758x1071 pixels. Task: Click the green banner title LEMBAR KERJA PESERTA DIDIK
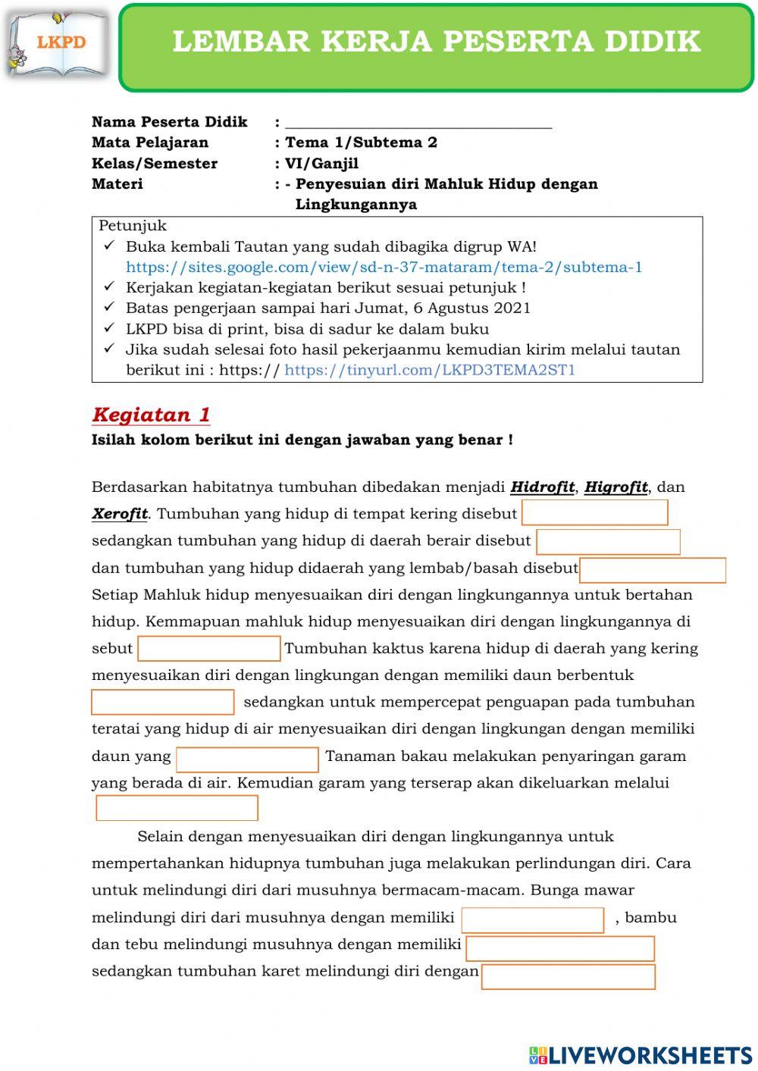[x=436, y=42]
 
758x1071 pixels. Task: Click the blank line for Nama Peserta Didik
[x=418, y=123]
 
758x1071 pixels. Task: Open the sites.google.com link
[x=384, y=267]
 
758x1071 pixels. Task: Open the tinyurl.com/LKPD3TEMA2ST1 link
[x=430, y=370]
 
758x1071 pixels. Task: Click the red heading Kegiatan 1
[x=151, y=415]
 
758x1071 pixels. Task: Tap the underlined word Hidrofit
[x=542, y=487]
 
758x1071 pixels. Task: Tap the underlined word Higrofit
[x=615, y=487]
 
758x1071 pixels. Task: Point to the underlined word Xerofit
[x=120, y=514]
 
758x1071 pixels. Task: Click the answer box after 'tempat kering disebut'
[x=594, y=513]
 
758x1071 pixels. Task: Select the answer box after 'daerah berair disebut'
[x=608, y=541]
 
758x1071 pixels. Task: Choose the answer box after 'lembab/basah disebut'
[x=652, y=570]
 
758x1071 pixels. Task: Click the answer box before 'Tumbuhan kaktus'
[x=209, y=649]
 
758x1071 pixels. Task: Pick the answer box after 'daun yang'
[x=247, y=759]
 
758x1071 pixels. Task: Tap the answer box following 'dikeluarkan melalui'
[x=177, y=808]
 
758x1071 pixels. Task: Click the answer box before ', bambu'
[x=532, y=919]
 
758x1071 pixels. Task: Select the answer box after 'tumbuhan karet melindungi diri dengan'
[x=568, y=976]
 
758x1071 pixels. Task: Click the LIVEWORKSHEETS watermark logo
[x=640, y=1055]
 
